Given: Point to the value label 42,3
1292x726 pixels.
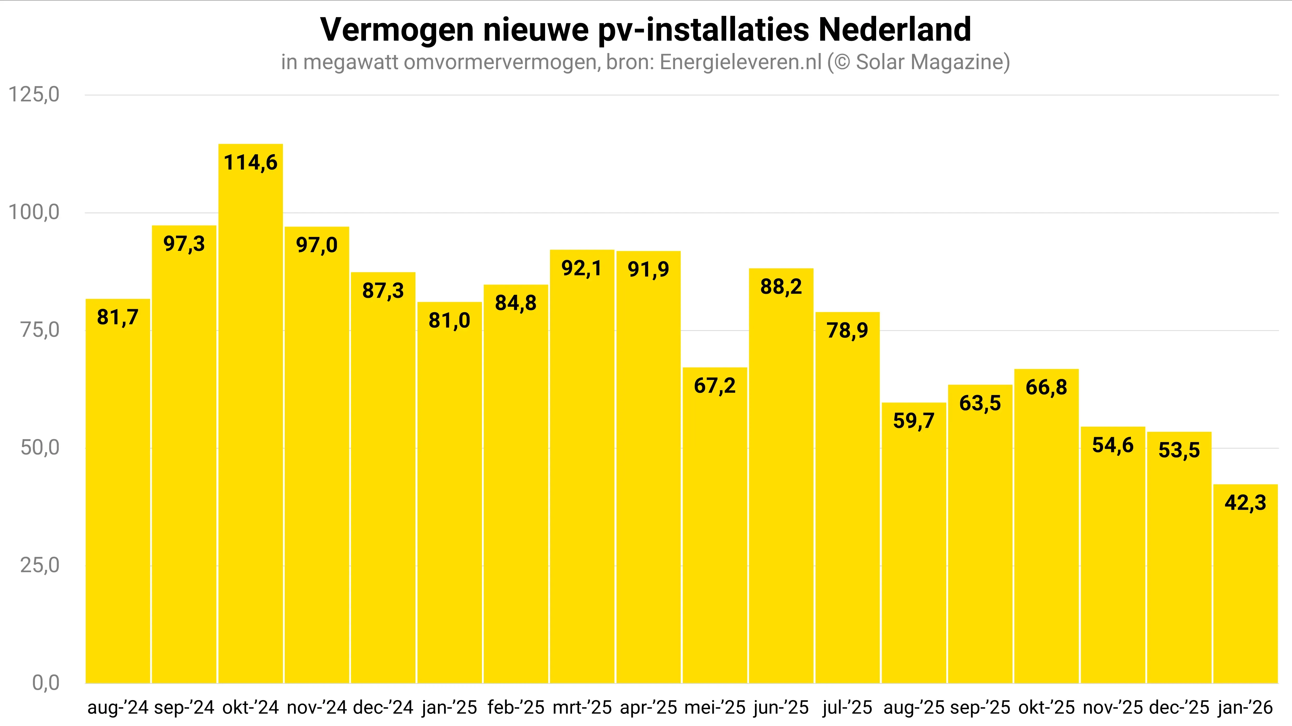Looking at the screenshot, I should [x=1245, y=503].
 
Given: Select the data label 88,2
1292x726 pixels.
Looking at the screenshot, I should [x=781, y=287].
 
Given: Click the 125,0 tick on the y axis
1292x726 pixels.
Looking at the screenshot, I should [x=34, y=94].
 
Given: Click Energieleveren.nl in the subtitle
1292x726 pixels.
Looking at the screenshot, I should [x=741, y=62].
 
